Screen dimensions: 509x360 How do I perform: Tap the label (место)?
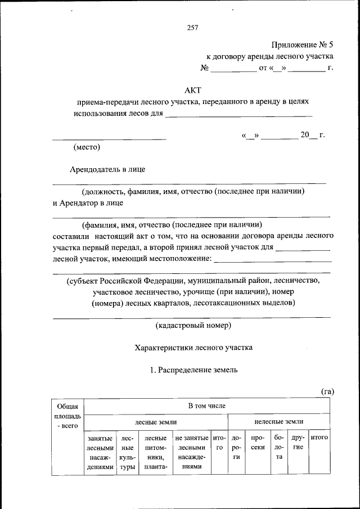[x=87, y=148]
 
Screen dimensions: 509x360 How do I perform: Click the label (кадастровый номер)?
[x=193, y=325]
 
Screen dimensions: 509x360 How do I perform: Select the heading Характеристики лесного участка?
[x=193, y=348]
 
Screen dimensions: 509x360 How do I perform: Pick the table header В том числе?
[x=208, y=405]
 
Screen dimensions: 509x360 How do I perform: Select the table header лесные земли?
[x=156, y=421]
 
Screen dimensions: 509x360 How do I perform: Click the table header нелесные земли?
[x=279, y=421]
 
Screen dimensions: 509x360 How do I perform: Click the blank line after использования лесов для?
[x=238, y=115]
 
